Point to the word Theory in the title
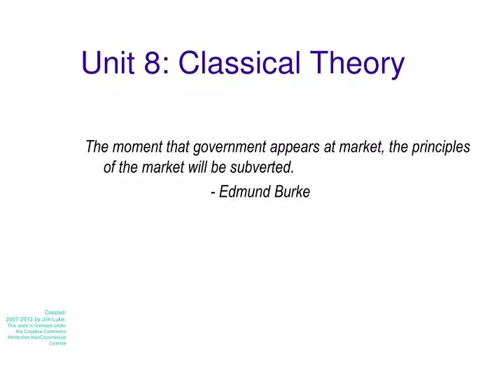(x=358, y=63)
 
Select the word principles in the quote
(x=443, y=147)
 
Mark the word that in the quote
(x=174, y=147)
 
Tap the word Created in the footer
(x=55, y=312)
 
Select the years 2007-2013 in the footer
(x=20, y=318)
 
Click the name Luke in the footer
(x=58, y=318)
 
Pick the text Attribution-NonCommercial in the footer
(x=37, y=337)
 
